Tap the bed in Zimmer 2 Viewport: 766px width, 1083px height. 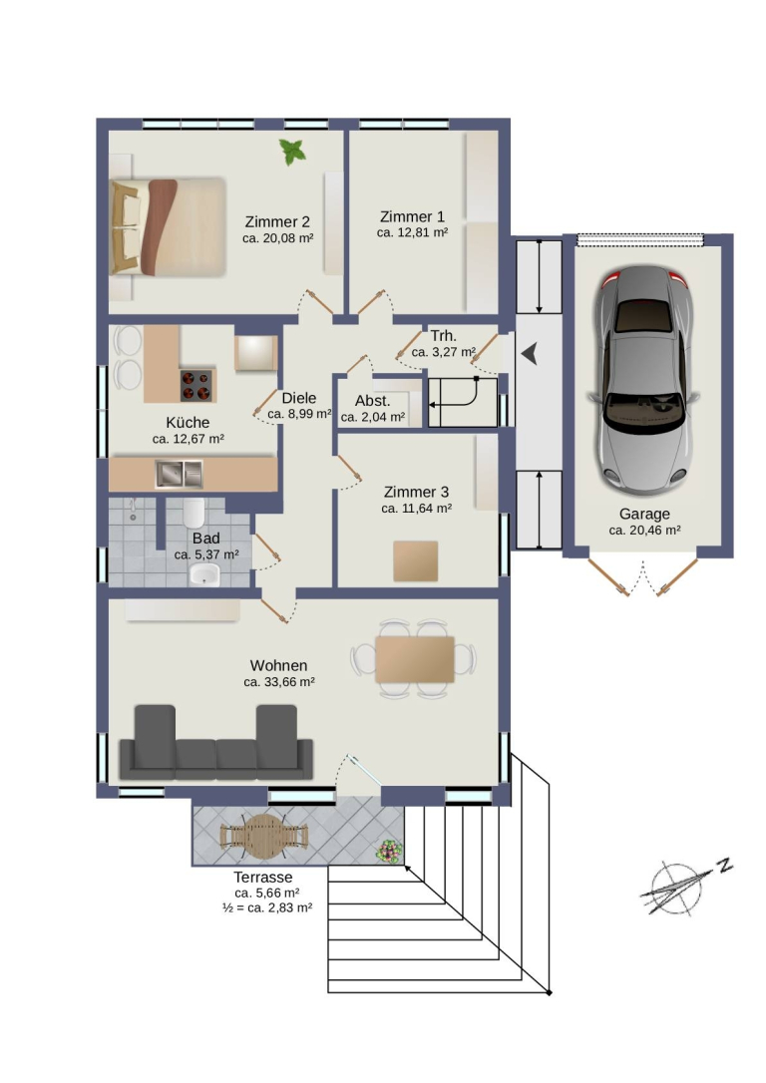click(x=169, y=227)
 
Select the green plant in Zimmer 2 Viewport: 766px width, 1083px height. click(x=292, y=152)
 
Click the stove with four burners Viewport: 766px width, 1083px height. click(x=196, y=385)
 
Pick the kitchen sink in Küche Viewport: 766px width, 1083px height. click(x=179, y=474)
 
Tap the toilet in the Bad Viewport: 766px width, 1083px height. click(x=194, y=513)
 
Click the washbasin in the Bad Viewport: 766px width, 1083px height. click(x=203, y=574)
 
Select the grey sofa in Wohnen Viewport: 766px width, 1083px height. click(x=216, y=743)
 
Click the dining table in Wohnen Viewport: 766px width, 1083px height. click(x=415, y=659)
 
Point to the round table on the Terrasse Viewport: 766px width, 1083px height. click(x=263, y=836)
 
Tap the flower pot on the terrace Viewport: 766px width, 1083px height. click(x=389, y=851)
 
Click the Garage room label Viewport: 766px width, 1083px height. click(x=644, y=514)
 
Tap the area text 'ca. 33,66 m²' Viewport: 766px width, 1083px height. click(x=279, y=682)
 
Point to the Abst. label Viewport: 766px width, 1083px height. click(x=372, y=401)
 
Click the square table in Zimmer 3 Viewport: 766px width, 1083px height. click(x=416, y=560)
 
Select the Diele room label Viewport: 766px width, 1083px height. click(x=299, y=398)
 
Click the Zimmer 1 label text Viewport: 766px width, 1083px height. click(x=412, y=216)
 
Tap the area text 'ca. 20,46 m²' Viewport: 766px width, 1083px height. click(x=644, y=531)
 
